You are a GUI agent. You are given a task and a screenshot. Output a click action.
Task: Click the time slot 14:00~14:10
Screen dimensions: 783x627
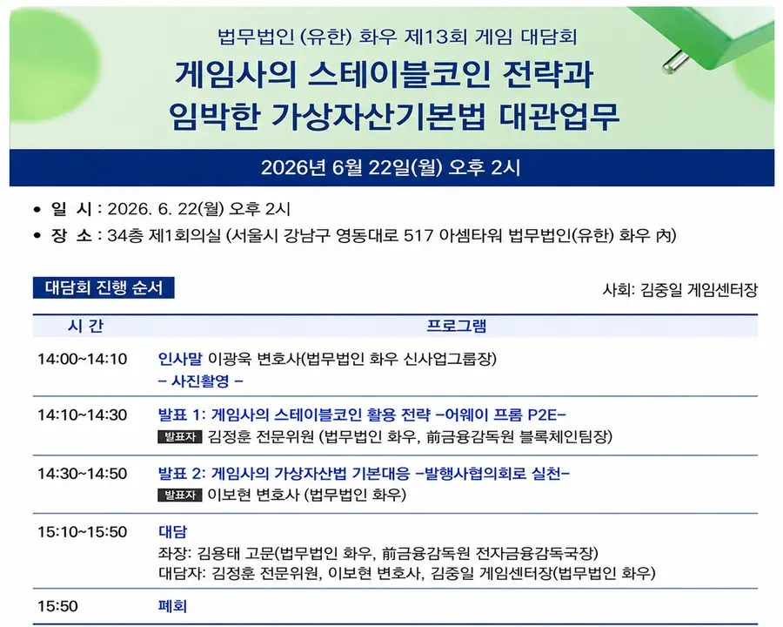click(83, 359)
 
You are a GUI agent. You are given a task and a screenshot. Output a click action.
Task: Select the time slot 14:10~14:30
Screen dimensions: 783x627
click(83, 415)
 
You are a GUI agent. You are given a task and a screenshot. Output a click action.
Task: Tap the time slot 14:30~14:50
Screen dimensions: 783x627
click(83, 474)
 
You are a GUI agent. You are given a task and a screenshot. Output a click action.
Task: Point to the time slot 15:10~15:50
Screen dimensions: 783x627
click(83, 531)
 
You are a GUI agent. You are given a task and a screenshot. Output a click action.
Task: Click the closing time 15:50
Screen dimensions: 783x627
click(58, 606)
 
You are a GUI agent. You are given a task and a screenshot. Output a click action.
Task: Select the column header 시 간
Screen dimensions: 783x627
click(85, 326)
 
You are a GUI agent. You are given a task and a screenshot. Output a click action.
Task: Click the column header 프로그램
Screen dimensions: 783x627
click(457, 326)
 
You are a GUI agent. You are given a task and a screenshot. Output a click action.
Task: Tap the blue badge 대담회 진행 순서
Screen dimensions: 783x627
click(104, 287)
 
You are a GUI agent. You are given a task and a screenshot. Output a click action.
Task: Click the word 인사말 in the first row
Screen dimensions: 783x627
click(180, 359)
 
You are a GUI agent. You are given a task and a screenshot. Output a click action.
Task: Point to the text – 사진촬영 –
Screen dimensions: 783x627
click(201, 381)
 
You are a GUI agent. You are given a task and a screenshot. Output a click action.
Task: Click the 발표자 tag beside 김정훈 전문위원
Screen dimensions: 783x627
click(180, 436)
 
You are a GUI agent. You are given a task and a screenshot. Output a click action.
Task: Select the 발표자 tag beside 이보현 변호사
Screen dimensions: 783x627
click(180, 495)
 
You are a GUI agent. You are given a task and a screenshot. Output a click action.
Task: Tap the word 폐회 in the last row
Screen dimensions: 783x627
click(173, 606)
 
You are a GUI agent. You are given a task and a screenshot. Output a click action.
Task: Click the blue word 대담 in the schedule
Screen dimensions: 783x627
click(173, 531)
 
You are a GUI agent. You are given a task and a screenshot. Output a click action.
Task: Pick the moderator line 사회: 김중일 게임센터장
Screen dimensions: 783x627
click(680, 289)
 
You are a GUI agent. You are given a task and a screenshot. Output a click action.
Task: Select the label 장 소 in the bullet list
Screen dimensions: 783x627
click(71, 235)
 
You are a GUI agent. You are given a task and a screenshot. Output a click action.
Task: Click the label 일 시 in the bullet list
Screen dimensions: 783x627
click(71, 208)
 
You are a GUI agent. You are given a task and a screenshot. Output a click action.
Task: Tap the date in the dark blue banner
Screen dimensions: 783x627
click(391, 167)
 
